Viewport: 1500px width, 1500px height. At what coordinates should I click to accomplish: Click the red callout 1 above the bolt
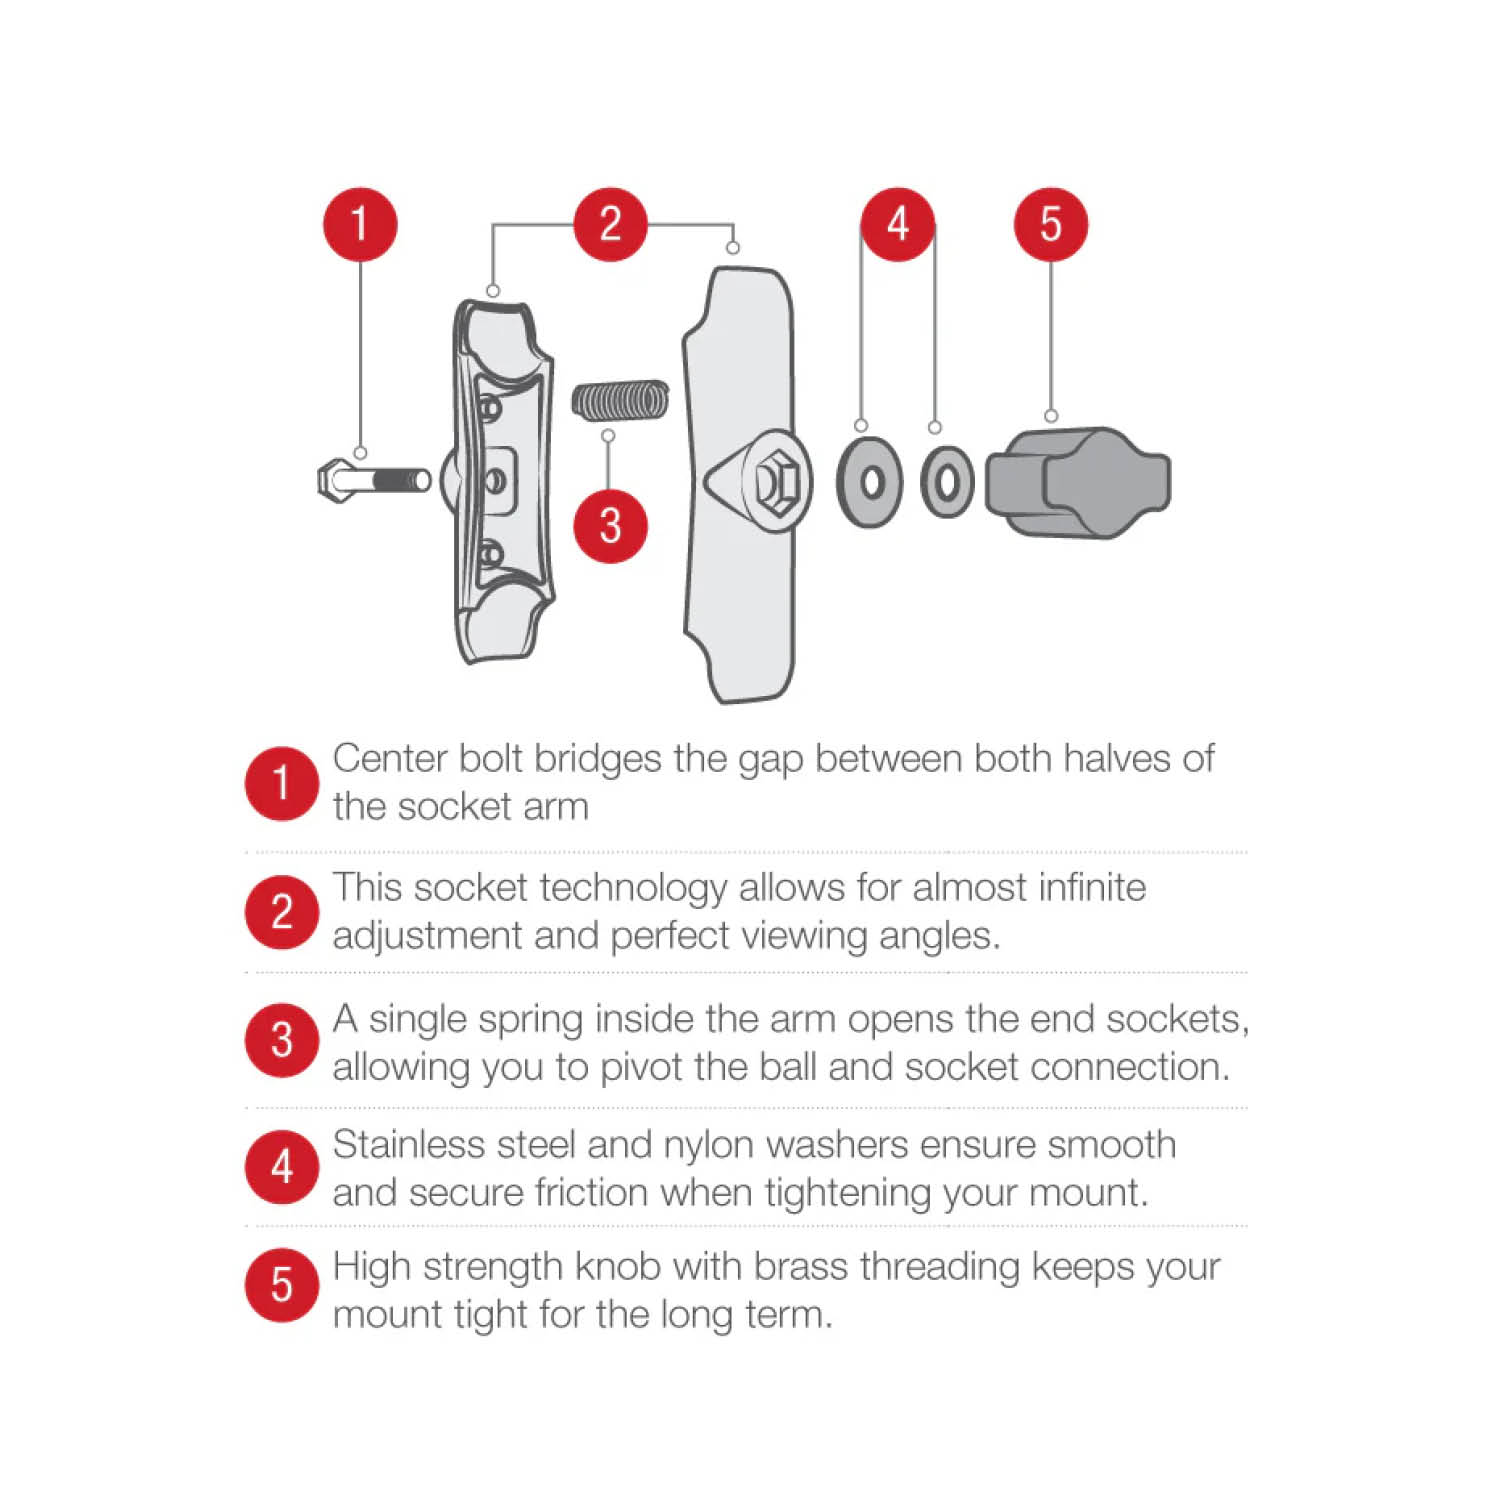[360, 224]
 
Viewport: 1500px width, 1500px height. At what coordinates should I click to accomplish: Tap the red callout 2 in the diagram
[610, 224]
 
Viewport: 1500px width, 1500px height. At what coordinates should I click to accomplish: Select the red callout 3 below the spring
[610, 525]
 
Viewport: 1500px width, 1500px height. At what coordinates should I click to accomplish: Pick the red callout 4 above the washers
[898, 224]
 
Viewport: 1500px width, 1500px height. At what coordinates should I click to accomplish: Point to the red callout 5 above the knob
[1050, 224]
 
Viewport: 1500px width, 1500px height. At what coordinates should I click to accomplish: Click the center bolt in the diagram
[373, 480]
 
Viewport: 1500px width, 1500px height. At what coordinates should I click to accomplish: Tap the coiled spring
[620, 400]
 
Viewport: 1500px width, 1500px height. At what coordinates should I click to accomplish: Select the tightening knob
[1078, 483]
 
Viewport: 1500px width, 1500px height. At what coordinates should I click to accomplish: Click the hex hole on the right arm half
[776, 481]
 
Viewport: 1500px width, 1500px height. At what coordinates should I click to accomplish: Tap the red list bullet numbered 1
[282, 783]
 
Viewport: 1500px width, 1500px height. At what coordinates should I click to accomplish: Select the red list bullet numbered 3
[282, 1040]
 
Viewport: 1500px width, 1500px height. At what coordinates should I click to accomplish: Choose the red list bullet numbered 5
[282, 1285]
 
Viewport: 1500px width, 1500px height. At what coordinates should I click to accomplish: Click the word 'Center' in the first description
[390, 759]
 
